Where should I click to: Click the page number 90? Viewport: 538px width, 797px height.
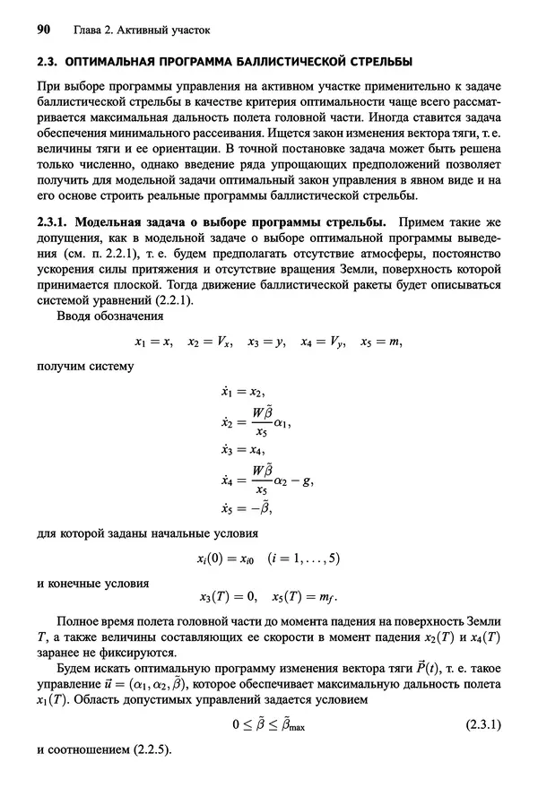tap(42, 30)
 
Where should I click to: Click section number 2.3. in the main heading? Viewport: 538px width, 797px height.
tap(47, 63)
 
